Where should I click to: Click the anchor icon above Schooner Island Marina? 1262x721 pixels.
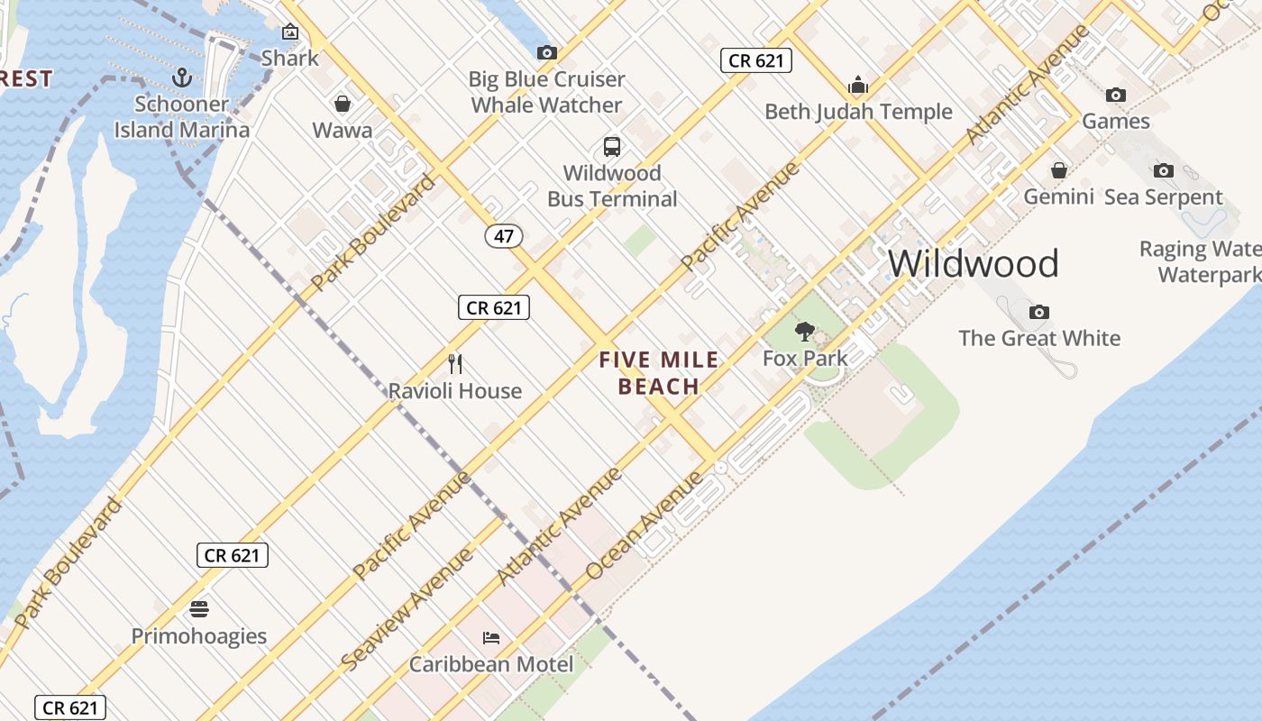(x=183, y=78)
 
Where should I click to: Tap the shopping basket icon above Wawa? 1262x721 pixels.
(x=343, y=104)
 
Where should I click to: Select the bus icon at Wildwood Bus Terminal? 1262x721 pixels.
(x=612, y=147)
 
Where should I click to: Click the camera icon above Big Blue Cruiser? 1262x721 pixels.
(x=546, y=52)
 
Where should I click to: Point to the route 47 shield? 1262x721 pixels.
(x=504, y=236)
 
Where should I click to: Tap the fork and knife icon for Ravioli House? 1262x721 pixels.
(x=455, y=364)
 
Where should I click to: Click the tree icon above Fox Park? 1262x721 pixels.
(x=804, y=332)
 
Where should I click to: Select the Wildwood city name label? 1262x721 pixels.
(x=973, y=263)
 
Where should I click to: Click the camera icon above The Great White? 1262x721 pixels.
(x=1039, y=312)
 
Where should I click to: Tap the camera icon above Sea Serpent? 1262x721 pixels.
(x=1163, y=170)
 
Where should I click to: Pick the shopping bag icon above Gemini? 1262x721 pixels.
(x=1058, y=170)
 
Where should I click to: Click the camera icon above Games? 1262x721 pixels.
(x=1115, y=95)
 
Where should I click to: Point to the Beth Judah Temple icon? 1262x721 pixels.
(x=857, y=86)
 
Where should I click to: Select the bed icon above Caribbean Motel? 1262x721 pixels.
(x=491, y=638)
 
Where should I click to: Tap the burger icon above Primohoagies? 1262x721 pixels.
(x=199, y=609)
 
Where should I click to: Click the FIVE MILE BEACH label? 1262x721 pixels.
(x=659, y=373)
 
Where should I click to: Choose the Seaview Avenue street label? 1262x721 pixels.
(x=407, y=607)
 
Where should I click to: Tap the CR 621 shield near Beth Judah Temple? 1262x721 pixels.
(x=755, y=60)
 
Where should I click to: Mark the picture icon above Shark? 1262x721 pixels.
(x=289, y=32)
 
